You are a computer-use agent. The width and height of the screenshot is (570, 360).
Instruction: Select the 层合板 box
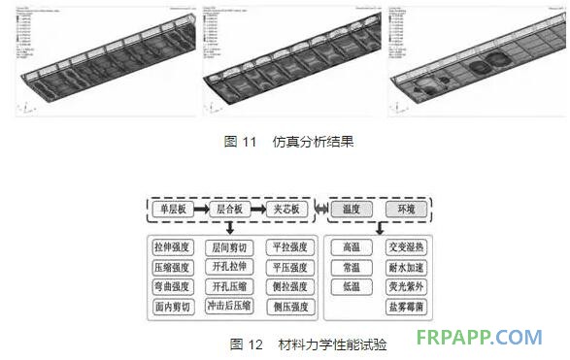[x=229, y=208]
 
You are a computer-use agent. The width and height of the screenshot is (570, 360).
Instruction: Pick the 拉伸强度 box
[x=173, y=247]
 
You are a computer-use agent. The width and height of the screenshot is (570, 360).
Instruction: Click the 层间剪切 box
[x=230, y=247]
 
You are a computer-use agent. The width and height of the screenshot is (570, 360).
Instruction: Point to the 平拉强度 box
[x=288, y=247]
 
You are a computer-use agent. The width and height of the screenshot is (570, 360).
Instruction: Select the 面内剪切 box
[x=173, y=307]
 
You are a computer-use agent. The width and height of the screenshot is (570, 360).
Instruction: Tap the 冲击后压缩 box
[x=230, y=307]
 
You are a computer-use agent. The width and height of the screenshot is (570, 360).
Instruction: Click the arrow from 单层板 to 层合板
[x=200, y=208]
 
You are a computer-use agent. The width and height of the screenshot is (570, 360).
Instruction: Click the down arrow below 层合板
[x=230, y=228]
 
